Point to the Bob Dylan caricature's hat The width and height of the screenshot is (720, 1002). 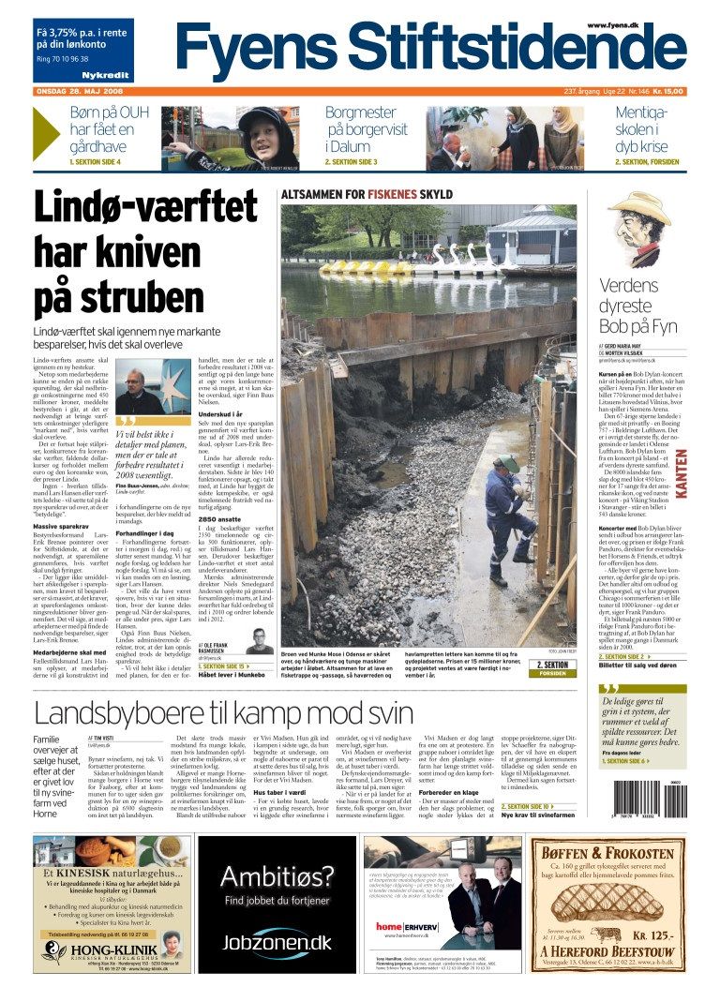click(x=639, y=205)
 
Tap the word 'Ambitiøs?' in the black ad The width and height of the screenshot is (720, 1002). click(x=277, y=876)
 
